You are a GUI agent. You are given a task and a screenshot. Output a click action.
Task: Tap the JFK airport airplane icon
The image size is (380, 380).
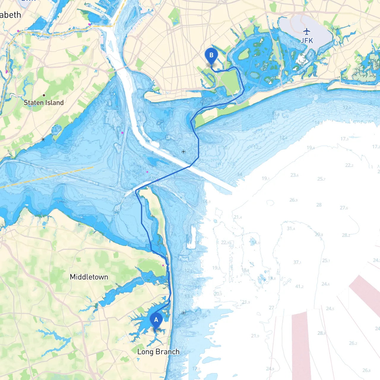pyautogui.click(x=307, y=31)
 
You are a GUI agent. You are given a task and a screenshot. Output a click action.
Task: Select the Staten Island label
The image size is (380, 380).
pyautogui.click(x=44, y=103)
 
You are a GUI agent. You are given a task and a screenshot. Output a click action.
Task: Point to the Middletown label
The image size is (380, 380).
pyautogui.click(x=89, y=277)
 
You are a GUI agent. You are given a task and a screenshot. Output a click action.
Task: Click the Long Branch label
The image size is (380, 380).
pyautogui.click(x=158, y=352)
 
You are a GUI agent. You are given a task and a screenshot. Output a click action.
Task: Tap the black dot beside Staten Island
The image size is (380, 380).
pyautogui.click(x=44, y=95)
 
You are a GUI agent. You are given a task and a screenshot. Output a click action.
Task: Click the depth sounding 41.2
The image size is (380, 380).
pyautogui.click(x=299, y=286)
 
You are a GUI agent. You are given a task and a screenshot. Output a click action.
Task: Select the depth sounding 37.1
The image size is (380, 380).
pyautogui.click(x=297, y=262)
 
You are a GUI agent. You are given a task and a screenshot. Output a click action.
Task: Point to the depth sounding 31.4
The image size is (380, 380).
pyautogui.click(x=291, y=229)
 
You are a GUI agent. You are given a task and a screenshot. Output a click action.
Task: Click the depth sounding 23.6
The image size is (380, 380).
pyautogui.click(x=294, y=175)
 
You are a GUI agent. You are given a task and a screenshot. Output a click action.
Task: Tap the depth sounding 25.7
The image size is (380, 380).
pyautogui.click(x=321, y=179)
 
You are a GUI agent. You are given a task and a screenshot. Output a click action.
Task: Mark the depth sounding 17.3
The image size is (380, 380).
pyautogui.click(x=344, y=139)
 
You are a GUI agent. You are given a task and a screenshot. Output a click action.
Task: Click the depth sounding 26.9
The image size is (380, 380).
pyautogui.click(x=293, y=200)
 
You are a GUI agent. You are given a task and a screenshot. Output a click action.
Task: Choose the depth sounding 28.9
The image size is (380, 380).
pyautogui.click(x=321, y=333)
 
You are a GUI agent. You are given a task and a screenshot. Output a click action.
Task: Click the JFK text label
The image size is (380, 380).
pyautogui.click(x=307, y=41)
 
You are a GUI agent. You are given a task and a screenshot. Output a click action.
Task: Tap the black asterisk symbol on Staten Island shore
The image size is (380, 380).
pyautogui.click(x=43, y=139)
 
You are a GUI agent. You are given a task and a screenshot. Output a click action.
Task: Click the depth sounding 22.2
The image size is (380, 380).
pyautogui.click(x=349, y=165)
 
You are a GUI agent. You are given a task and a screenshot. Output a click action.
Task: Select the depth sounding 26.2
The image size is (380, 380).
pyautogui.click(x=353, y=343)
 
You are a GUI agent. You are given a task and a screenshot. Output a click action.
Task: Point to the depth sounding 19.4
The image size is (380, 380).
pyautogui.click(x=311, y=148)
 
